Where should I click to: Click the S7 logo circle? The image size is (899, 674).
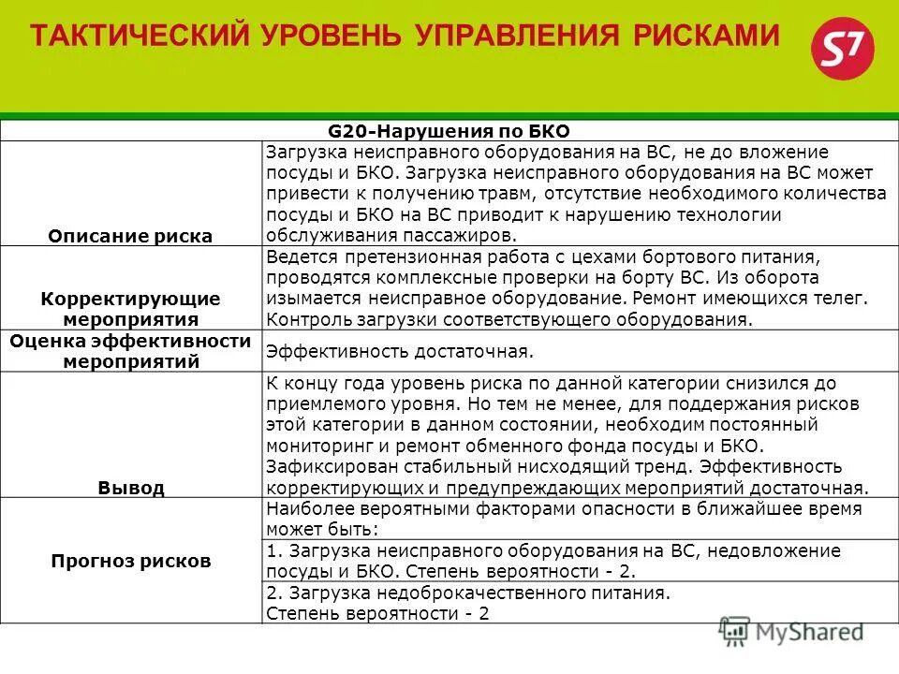tap(841, 53)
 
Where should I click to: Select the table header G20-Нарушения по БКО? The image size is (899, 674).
tap(449, 131)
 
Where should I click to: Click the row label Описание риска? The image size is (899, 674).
tap(130, 236)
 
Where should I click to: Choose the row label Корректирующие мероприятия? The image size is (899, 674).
tap(130, 308)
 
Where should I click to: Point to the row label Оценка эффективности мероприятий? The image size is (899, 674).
tap(130, 351)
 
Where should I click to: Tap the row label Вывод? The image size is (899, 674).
tap(130, 488)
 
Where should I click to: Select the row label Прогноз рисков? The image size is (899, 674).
tap(130, 561)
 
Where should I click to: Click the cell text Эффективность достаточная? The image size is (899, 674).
tap(400, 352)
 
